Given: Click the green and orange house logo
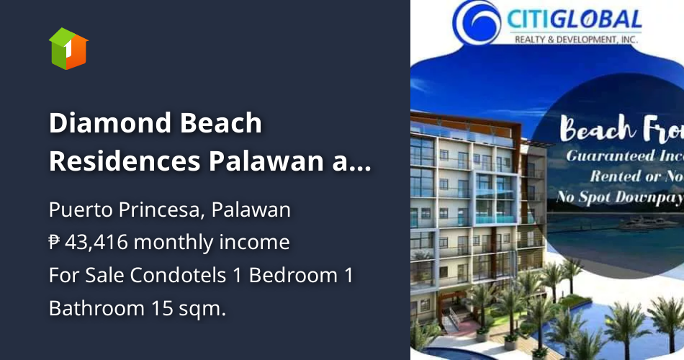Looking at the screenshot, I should point(68,48).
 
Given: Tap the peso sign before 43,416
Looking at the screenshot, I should point(55,243).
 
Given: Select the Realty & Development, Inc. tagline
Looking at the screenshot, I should point(576,40).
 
